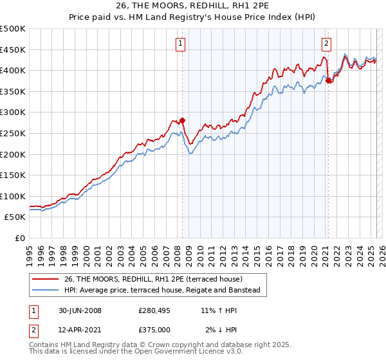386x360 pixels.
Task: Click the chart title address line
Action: [x=192, y=7]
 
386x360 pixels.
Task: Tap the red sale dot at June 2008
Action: [x=182, y=120]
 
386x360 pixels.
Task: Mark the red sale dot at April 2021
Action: [x=328, y=80]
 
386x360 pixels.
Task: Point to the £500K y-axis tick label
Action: [x=13, y=29]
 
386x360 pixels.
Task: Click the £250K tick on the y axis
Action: [x=13, y=133]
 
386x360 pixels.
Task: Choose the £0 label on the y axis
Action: [x=19, y=238]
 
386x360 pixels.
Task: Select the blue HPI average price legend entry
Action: [x=161, y=291]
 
